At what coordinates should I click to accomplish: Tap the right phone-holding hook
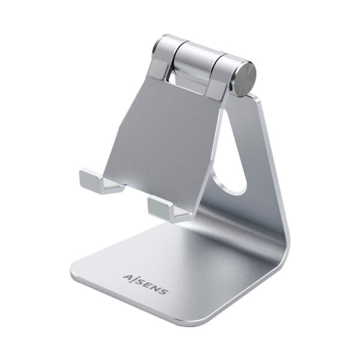point(161,207)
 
